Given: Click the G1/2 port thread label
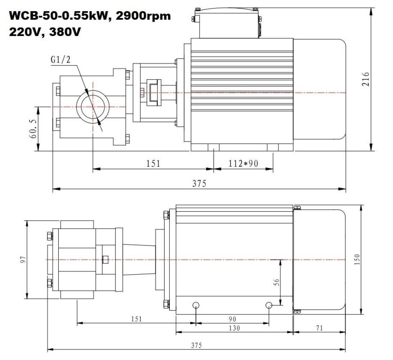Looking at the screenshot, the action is (61, 60).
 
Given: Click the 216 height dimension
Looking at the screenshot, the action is (366, 79).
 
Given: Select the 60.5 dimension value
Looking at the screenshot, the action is (33, 129).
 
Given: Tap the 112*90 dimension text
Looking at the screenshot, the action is (243, 163).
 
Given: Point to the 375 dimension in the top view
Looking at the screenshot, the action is (199, 183).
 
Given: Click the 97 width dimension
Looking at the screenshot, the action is (23, 260).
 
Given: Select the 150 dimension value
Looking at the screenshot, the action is (357, 260).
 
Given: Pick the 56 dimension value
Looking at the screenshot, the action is (276, 282).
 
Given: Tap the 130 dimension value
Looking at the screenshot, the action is (235, 328).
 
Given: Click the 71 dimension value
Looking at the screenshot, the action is (319, 328).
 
